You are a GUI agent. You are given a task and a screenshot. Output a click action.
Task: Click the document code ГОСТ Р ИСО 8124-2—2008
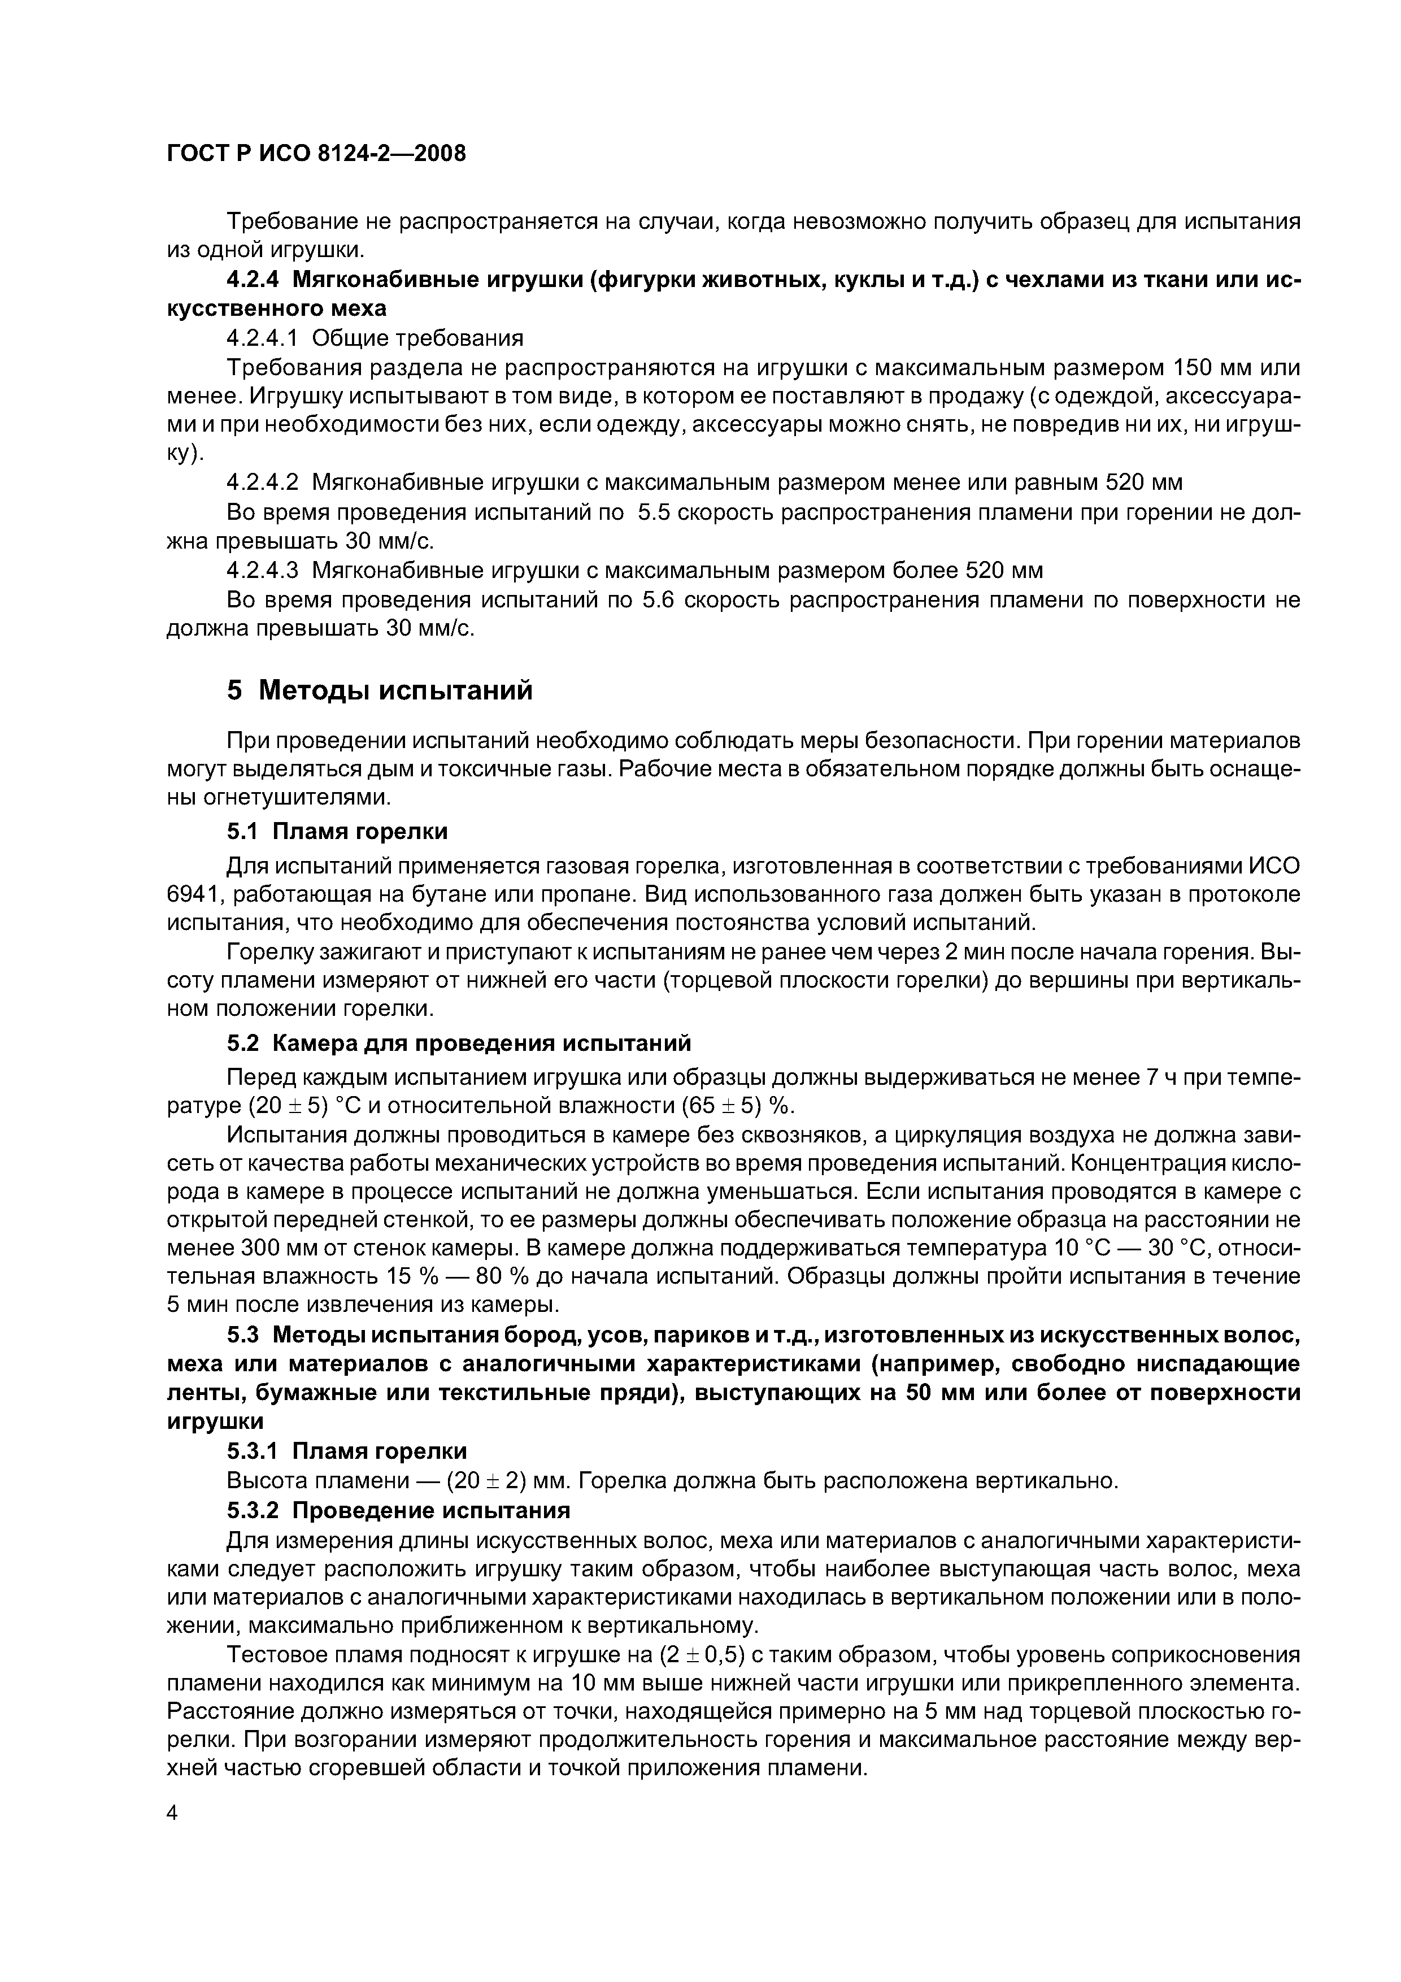click(x=316, y=154)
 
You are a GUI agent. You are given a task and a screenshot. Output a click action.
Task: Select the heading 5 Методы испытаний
click(x=380, y=690)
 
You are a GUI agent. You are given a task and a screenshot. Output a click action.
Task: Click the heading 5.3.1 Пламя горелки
click(x=347, y=1450)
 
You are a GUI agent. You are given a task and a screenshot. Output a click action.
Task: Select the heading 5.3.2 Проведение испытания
click(x=399, y=1510)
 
